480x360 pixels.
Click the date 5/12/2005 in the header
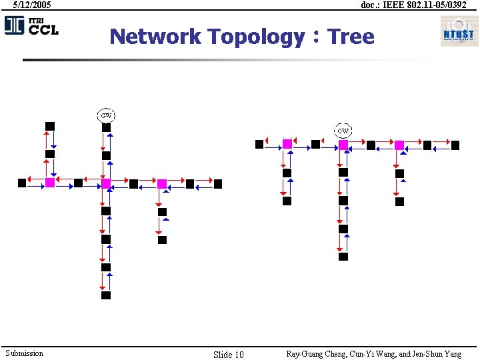click(x=32, y=5)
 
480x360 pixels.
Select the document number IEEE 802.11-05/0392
click(x=413, y=5)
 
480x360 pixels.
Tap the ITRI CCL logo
click(x=31, y=25)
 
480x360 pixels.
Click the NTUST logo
click(x=459, y=31)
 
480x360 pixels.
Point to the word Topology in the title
click(x=255, y=36)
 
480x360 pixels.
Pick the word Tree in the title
click(x=351, y=36)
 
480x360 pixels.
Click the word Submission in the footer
click(x=24, y=353)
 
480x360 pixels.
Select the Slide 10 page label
click(x=228, y=354)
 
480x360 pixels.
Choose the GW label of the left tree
click(x=106, y=115)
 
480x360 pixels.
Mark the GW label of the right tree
click(x=343, y=131)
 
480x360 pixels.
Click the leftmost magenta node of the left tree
click(x=50, y=183)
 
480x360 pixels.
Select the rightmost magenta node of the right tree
click(x=399, y=145)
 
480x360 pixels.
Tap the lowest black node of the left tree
click(x=106, y=295)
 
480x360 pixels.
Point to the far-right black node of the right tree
click(x=455, y=145)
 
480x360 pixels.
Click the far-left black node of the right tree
click(x=259, y=144)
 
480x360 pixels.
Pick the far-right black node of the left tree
click(x=218, y=183)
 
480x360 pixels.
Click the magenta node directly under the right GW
click(x=343, y=145)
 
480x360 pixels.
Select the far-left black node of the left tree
click(x=22, y=183)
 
